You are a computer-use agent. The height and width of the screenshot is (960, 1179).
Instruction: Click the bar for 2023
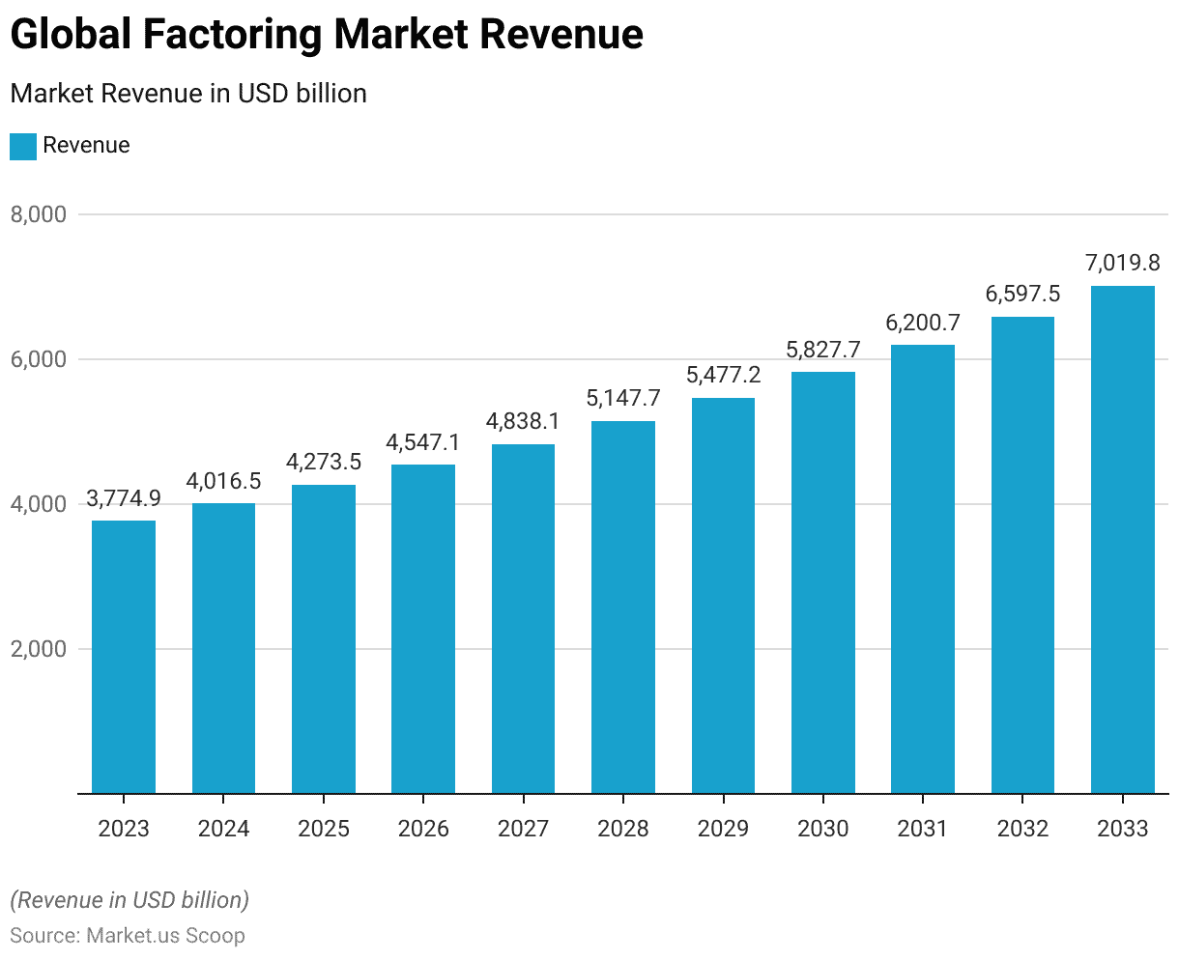coord(124,657)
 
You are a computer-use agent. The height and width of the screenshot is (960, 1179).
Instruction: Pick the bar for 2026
coord(423,629)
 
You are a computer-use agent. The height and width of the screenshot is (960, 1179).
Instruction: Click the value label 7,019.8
coord(1123,263)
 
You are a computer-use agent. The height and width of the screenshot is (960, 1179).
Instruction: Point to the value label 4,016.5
coord(223,480)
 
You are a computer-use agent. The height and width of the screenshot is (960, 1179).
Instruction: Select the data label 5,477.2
coord(723,375)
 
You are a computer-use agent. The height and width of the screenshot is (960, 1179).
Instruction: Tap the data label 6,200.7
coord(923,323)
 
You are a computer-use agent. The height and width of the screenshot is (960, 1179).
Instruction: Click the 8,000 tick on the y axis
coord(39,214)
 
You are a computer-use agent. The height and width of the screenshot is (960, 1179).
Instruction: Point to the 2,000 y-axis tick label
coord(39,649)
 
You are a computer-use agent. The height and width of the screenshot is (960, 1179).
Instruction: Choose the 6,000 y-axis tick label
coord(39,359)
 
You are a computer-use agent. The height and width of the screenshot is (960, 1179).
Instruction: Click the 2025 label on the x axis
coord(324,829)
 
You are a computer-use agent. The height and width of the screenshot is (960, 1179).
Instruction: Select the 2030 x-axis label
coord(823,829)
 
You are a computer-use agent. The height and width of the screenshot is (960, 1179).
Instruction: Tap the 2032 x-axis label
coord(1022,829)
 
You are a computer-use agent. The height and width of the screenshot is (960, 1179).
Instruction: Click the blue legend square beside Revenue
coord(23,146)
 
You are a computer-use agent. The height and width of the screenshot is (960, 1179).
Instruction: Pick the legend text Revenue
coord(86,146)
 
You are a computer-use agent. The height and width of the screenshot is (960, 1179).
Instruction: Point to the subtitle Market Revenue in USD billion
coord(188,94)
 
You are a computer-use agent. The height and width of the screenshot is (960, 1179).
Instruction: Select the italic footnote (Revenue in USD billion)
coord(129,900)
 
